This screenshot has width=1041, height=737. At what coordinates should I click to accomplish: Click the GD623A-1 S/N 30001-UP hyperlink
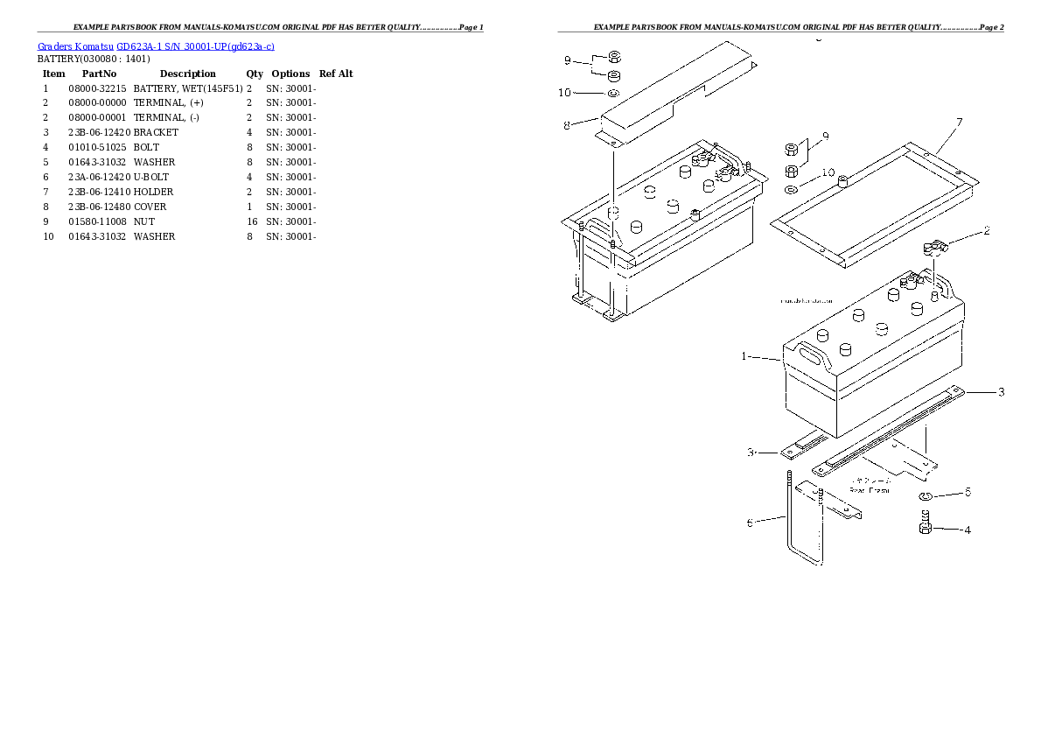click(195, 46)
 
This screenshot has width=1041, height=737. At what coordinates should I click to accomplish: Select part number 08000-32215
click(97, 88)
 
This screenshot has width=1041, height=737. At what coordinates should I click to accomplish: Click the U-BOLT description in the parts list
click(151, 177)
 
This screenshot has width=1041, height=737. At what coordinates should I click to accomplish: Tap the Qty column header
click(255, 74)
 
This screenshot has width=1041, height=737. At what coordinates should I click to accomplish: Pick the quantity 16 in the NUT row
click(252, 221)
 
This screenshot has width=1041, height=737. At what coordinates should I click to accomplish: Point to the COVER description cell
click(150, 207)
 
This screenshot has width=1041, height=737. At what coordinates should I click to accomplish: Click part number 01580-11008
click(97, 221)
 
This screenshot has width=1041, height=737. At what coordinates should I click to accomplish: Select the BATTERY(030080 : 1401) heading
click(94, 59)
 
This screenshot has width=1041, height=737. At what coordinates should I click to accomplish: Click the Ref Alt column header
click(336, 74)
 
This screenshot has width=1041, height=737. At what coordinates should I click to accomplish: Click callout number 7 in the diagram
click(959, 122)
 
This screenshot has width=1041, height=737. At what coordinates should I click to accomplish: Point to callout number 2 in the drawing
click(986, 231)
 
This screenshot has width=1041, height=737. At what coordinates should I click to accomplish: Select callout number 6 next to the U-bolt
click(750, 523)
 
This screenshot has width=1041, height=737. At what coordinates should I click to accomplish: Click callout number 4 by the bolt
click(967, 530)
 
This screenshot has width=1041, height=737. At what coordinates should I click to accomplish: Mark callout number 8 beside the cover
click(567, 125)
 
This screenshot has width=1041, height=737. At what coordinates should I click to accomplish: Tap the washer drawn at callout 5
click(926, 498)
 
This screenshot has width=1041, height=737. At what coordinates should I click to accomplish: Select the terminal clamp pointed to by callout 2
click(933, 249)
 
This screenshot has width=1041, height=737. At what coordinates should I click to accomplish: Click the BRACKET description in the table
click(156, 132)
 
